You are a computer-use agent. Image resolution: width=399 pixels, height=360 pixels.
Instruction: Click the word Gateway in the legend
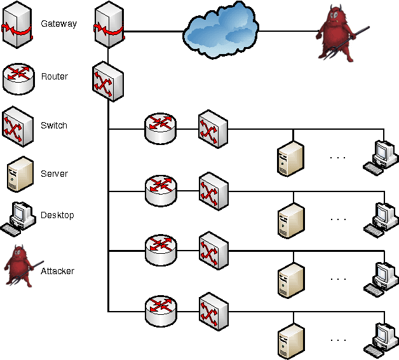click(x=58, y=24)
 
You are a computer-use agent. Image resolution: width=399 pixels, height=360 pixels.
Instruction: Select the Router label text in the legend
click(x=55, y=76)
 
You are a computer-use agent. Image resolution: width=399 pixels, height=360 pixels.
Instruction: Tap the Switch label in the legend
click(x=54, y=125)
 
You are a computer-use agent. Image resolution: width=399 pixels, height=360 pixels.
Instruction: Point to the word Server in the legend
click(x=54, y=174)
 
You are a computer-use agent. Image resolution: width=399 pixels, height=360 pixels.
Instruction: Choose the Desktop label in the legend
click(x=57, y=215)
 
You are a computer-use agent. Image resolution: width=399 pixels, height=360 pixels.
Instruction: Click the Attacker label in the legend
click(x=57, y=271)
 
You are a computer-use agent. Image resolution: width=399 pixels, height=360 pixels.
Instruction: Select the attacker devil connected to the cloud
click(x=336, y=35)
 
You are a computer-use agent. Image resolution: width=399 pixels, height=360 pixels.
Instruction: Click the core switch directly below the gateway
click(x=107, y=81)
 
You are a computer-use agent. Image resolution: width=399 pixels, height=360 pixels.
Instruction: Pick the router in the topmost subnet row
click(x=159, y=129)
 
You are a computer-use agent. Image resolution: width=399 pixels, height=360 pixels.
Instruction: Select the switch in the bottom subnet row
click(x=213, y=311)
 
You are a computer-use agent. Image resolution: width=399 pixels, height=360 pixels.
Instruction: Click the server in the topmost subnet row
click(x=290, y=158)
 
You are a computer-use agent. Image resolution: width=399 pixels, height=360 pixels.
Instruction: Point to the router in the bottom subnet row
click(x=159, y=311)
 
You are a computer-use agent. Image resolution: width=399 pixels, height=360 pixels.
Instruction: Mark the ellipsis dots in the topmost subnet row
click(x=338, y=157)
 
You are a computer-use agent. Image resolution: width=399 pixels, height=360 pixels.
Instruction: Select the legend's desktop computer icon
click(x=19, y=217)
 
